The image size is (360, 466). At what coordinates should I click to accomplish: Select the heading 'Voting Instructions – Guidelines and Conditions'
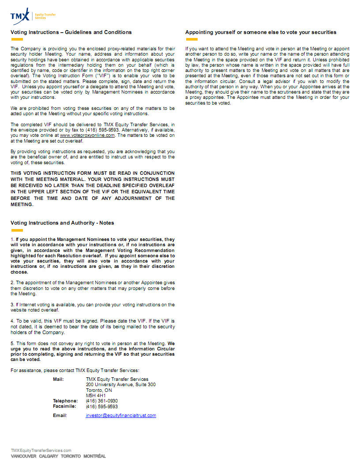coord(71,32)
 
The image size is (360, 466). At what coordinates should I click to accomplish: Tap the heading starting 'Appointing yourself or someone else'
coord(261,32)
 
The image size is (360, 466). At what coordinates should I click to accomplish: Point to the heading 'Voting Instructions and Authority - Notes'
coord(62,223)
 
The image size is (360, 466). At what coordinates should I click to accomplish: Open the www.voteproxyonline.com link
coord(87,135)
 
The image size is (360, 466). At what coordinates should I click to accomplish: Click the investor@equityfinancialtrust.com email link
coord(121,415)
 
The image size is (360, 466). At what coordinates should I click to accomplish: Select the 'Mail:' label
coord(58,379)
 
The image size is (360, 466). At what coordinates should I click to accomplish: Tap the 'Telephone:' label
coord(65,401)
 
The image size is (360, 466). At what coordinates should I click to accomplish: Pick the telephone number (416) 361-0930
coord(102,401)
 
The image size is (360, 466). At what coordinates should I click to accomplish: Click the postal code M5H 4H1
coord(96,395)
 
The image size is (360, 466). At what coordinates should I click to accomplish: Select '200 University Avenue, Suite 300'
coord(120,385)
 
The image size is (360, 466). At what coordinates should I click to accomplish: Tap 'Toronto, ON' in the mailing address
coord(99,390)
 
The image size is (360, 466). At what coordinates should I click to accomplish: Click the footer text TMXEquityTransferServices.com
coord(41,450)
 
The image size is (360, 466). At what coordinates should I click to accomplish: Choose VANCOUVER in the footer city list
coord(23,456)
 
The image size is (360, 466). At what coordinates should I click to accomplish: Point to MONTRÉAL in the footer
coord(94,456)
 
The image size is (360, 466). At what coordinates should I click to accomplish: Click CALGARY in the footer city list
coord(49,456)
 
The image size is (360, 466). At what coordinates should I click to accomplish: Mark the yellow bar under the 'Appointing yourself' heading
coord(191,39)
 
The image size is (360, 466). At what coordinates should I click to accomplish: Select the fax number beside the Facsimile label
coord(102,406)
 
